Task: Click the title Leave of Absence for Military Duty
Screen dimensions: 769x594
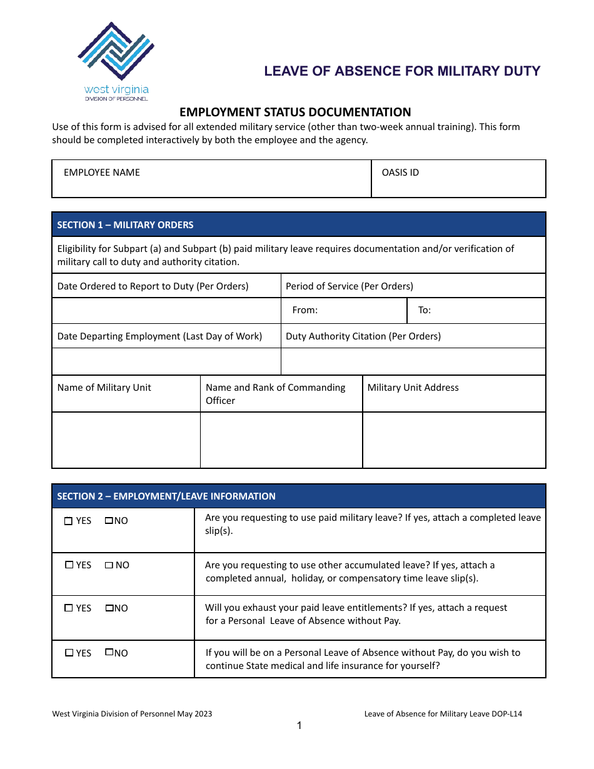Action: pyautogui.click(x=402, y=71)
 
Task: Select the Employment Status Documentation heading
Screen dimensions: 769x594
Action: pyautogui.click(x=295, y=113)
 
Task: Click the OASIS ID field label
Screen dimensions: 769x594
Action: pyautogui.click(x=400, y=173)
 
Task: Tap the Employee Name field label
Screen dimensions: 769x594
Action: pyautogui.click(x=102, y=173)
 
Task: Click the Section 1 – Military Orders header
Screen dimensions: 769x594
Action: pyautogui.click(x=125, y=225)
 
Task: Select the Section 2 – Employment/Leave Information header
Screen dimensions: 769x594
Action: pyautogui.click(x=166, y=496)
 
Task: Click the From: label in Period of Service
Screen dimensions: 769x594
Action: pyautogui.click(x=305, y=310)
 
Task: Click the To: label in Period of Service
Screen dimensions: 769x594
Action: pyautogui.click(x=425, y=310)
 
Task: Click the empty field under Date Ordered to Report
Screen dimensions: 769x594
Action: pyautogui.click(x=166, y=310)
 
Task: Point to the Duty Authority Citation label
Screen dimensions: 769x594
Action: pyautogui.click(x=363, y=336)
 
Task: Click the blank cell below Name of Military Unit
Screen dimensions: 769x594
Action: pyautogui.click(x=126, y=440)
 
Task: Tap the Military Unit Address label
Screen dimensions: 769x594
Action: pyautogui.click(x=413, y=388)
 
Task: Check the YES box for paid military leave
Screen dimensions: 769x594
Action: pyautogui.click(x=69, y=521)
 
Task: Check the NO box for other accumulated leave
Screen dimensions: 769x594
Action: pyautogui.click(x=109, y=565)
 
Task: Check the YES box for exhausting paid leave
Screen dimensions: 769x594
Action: pyautogui.click(x=69, y=608)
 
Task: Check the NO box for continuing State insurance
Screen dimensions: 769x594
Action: pyautogui.click(x=109, y=652)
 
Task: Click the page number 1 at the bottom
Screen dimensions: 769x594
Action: pyautogui.click(x=299, y=726)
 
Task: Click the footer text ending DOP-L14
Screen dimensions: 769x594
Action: pyautogui.click(x=443, y=714)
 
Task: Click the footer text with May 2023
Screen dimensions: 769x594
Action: pyautogui.click(x=132, y=714)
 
